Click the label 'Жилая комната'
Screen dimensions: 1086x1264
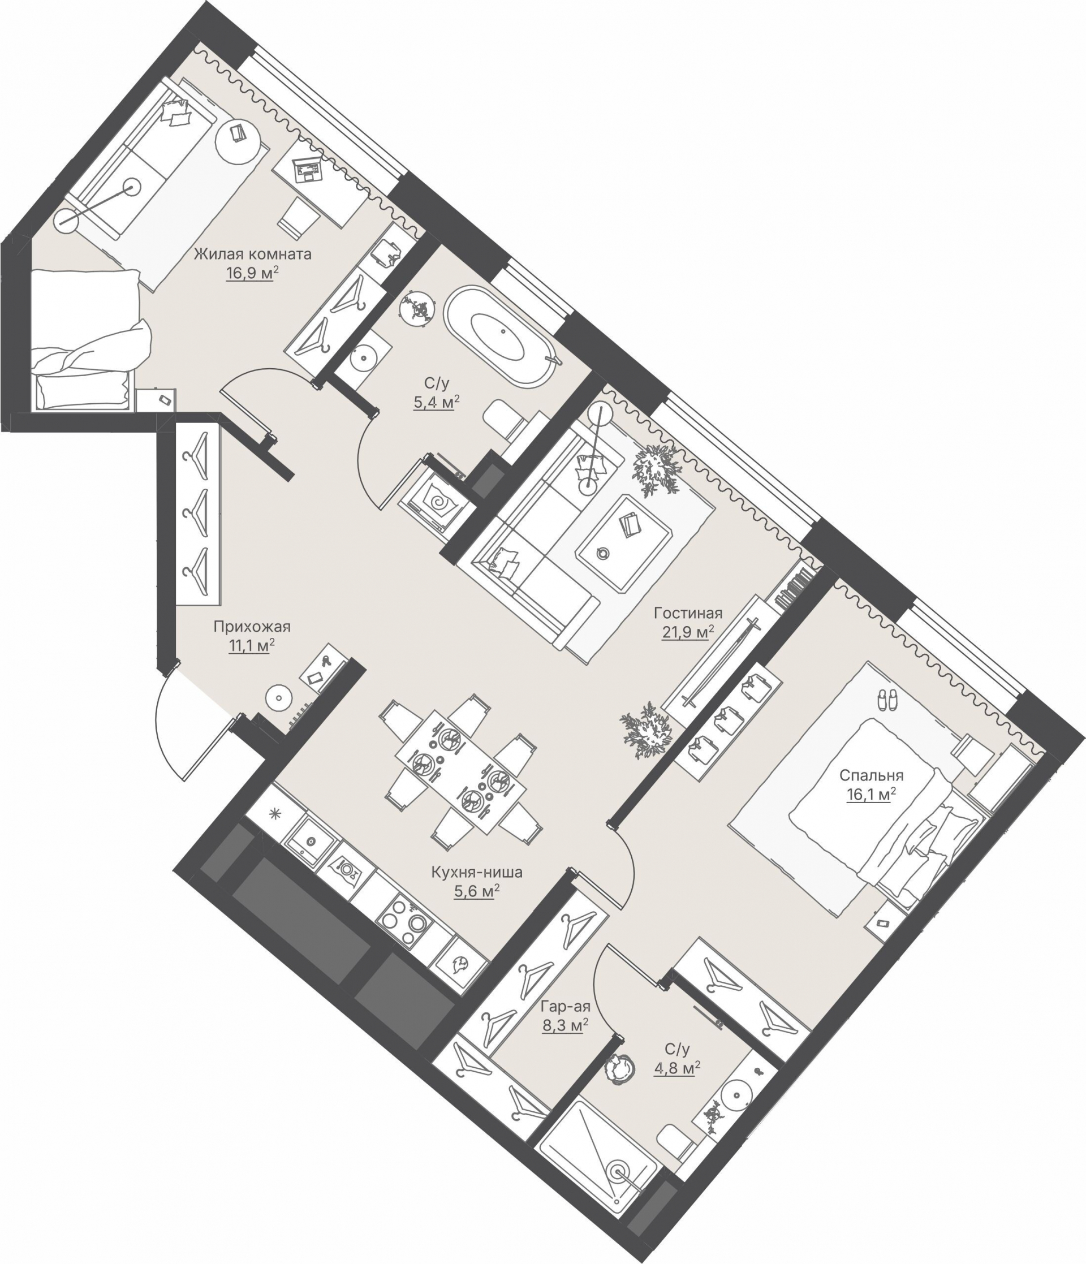coord(253,254)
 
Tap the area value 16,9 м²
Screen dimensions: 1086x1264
coord(252,273)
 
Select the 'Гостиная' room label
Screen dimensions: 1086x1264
coord(688,613)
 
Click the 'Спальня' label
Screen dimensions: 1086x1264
coord(871,776)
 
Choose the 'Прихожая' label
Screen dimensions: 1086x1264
coord(252,627)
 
